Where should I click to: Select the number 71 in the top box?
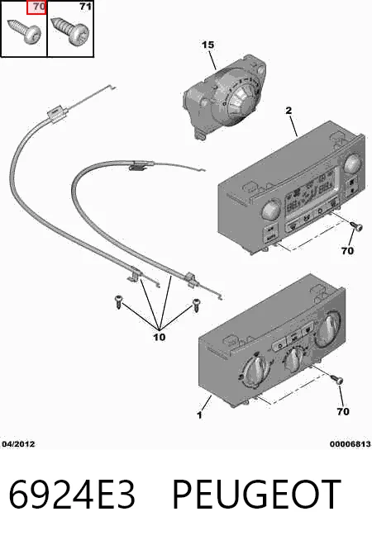85,7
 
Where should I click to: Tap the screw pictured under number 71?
70,31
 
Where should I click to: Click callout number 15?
207,45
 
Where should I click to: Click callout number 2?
289,111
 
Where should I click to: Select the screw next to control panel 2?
356,226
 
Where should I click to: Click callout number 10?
160,337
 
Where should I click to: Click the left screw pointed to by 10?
118,301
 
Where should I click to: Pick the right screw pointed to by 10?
197,305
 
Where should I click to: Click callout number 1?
199,415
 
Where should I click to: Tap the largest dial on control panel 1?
327,328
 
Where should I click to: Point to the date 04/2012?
19,444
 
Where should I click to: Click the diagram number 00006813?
350,444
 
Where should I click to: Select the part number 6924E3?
72,495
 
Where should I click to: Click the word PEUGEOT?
256,495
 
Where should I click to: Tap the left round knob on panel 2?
272,210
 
